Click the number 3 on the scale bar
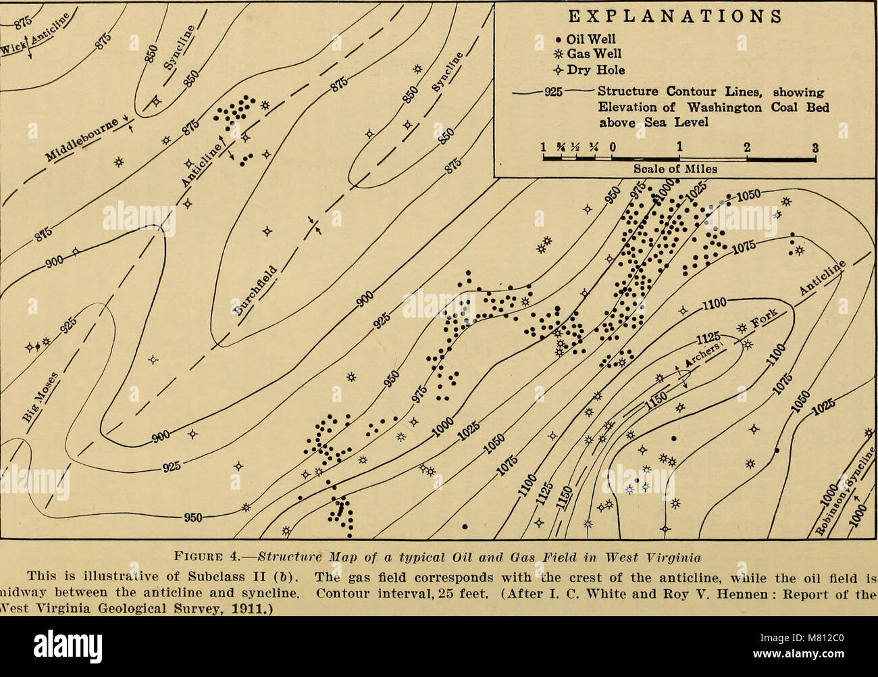[815, 149]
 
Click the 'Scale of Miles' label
[675, 169]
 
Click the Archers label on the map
[704, 355]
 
